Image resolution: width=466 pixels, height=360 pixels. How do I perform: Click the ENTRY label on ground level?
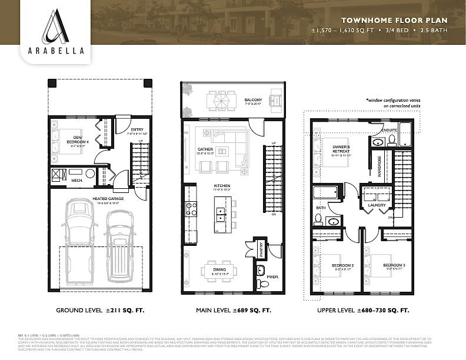[x=137, y=130]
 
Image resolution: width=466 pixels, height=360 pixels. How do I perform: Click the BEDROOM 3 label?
[x=392, y=266]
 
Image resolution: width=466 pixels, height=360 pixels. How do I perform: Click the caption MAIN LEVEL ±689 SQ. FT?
[x=234, y=309]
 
